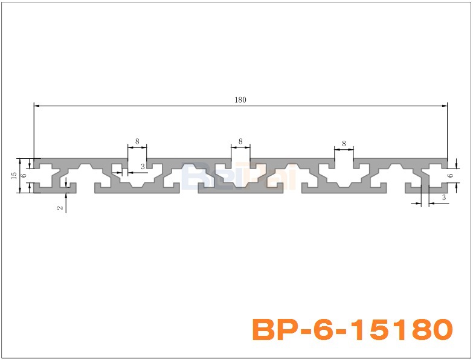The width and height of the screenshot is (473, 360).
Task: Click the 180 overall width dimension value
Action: [240, 100]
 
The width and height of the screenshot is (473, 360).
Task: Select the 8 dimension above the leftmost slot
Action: [137, 141]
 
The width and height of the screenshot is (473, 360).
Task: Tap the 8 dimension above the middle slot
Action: [240, 141]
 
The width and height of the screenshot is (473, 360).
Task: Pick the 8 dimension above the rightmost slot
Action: [344, 144]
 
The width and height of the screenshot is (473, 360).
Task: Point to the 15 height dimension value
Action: [13, 175]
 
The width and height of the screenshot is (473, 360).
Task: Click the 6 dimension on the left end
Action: [24, 175]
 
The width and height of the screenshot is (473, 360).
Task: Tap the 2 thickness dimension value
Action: [59, 207]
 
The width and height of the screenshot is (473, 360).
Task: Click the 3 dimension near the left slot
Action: [143, 166]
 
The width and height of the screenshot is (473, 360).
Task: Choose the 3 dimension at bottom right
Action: [444, 198]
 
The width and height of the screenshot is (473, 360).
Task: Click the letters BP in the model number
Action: [273, 330]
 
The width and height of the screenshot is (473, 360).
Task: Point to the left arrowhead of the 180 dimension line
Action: [37, 106]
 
